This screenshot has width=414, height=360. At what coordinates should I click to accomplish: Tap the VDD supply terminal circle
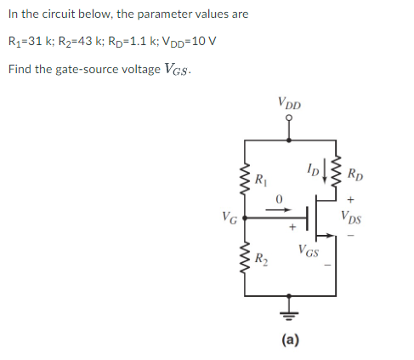click(288, 119)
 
